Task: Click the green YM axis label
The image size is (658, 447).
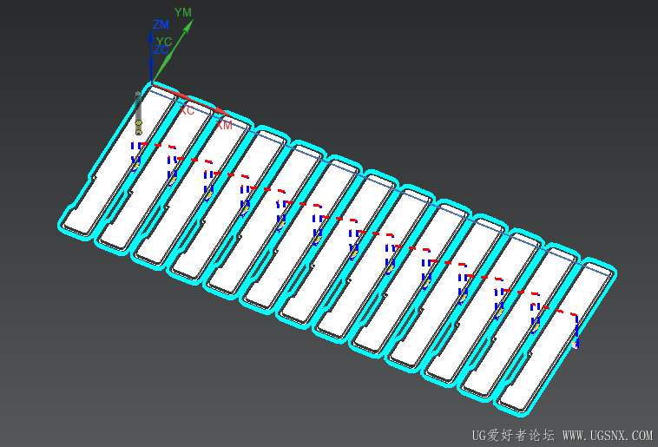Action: click(x=183, y=12)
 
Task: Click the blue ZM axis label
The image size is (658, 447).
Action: click(x=161, y=25)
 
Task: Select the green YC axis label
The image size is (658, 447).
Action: click(x=163, y=41)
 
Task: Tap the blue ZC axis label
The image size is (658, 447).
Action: click(x=161, y=50)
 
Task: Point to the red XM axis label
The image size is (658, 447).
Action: click(x=224, y=125)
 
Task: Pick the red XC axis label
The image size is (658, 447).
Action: click(x=186, y=110)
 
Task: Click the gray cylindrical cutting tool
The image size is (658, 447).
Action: click(x=138, y=108)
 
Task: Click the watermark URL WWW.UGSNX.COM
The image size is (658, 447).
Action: click(x=607, y=435)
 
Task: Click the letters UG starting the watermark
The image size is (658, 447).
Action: click(x=479, y=435)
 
